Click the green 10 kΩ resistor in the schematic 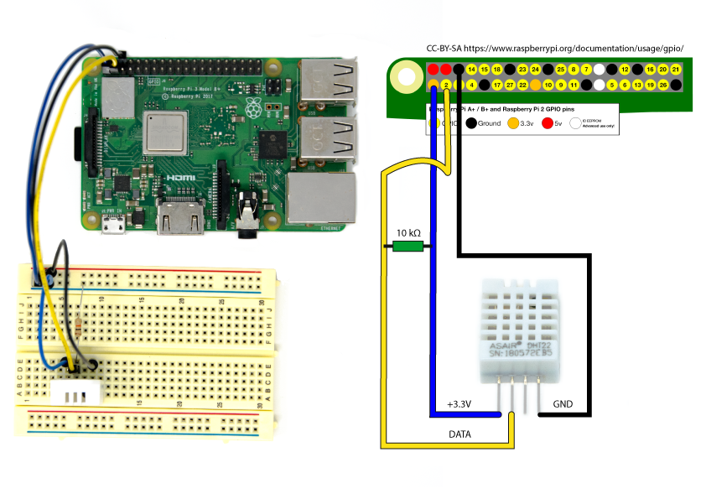tap(408, 247)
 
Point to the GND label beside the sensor tap(563, 404)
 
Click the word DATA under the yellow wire tap(459, 435)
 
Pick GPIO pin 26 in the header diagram tap(663, 85)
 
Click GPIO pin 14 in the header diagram tap(472, 69)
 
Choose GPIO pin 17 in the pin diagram tap(497, 85)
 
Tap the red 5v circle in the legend tap(546, 122)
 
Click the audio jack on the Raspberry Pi tap(249, 210)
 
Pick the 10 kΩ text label tap(409, 231)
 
